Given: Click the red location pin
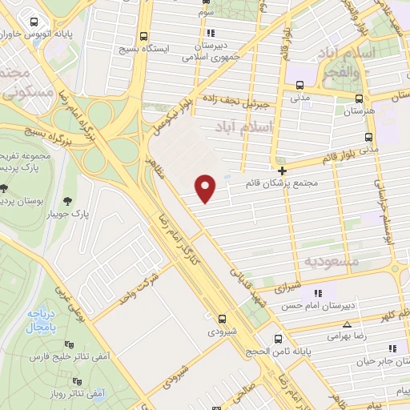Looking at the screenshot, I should pos(207,187).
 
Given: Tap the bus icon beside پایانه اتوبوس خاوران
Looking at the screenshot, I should pos(33,22).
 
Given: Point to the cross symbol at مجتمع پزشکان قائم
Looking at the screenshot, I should pos(282,171).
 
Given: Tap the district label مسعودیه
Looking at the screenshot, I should pos(330,261).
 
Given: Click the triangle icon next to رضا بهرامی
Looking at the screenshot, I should pos(346,324).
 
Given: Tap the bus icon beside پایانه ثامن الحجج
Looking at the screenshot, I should pos(277,338).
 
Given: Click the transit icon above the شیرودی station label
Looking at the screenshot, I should pos(221,317).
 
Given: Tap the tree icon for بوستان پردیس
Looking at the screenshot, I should pos(6,189).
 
